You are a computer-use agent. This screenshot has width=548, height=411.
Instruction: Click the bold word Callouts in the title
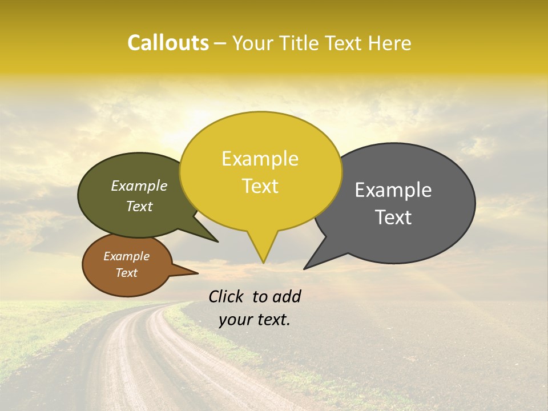coord(168,43)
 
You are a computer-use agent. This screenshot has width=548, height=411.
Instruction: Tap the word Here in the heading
coord(390,43)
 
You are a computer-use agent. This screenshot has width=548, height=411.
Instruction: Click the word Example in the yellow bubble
coord(260,159)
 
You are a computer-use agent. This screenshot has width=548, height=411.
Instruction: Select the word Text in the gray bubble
coord(393,217)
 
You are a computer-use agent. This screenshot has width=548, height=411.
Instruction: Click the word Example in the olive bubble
coord(139,186)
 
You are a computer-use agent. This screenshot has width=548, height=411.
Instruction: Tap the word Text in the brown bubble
coord(126,273)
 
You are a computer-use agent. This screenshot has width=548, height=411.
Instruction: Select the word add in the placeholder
coord(287,296)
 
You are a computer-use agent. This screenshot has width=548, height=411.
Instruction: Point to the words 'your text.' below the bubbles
coord(254,319)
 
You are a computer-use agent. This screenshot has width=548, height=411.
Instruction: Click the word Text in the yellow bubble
coord(260,186)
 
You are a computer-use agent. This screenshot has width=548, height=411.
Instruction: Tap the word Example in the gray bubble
coord(393,190)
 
